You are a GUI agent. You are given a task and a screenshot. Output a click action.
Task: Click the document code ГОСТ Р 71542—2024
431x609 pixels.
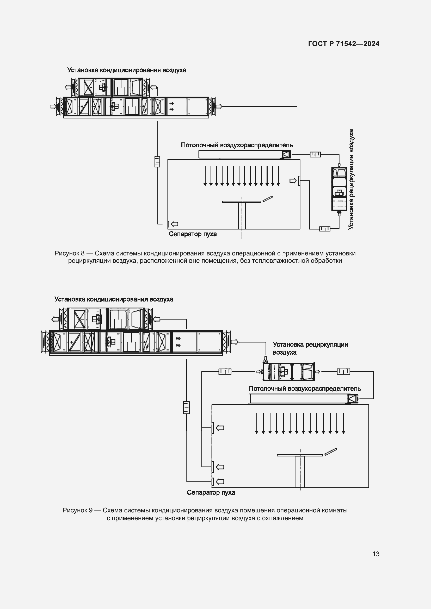coord(343,44)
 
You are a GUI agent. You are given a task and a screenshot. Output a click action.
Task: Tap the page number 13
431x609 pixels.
coord(376,554)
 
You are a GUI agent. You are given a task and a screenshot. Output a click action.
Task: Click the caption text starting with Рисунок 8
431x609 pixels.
coord(205,257)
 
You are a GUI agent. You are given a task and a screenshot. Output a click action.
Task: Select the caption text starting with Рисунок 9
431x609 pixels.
coord(205,514)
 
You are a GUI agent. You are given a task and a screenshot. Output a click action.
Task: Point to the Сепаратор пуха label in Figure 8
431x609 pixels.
coord(193,234)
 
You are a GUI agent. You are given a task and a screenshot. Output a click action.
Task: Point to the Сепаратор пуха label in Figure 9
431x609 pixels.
coord(211,493)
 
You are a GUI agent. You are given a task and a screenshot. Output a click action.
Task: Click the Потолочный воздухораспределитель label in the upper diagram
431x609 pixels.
coord(237,145)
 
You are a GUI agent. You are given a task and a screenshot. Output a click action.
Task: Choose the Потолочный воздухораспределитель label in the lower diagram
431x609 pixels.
coord(305,388)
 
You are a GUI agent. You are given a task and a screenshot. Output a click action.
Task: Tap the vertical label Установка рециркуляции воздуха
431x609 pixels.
coord(351,179)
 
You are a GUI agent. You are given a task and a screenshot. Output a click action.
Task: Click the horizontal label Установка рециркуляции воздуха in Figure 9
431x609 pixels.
coord(310,348)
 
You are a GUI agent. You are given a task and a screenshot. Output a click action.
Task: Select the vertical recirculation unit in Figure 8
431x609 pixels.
coord(339,189)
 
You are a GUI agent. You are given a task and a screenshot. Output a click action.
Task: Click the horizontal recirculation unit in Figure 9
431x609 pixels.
coord(288,371)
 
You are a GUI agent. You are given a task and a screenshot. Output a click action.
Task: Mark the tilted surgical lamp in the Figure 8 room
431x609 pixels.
coord(268,199)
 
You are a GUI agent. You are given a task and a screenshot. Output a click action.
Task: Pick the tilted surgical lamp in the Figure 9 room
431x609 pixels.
coord(331,452)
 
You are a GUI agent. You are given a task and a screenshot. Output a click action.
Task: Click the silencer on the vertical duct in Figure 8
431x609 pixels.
coord(157,161)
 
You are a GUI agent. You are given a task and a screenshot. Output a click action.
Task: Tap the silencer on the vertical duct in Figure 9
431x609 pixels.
coord(186,407)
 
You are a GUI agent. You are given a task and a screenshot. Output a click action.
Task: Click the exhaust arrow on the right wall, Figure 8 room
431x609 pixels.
coord(293,181)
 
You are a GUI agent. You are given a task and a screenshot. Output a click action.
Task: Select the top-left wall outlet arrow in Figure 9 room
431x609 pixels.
coord(220,428)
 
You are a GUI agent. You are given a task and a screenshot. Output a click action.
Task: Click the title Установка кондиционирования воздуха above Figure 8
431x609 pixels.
coord(127,70)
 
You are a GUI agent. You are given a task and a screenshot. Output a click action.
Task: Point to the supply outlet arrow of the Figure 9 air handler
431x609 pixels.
coord(235,342)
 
